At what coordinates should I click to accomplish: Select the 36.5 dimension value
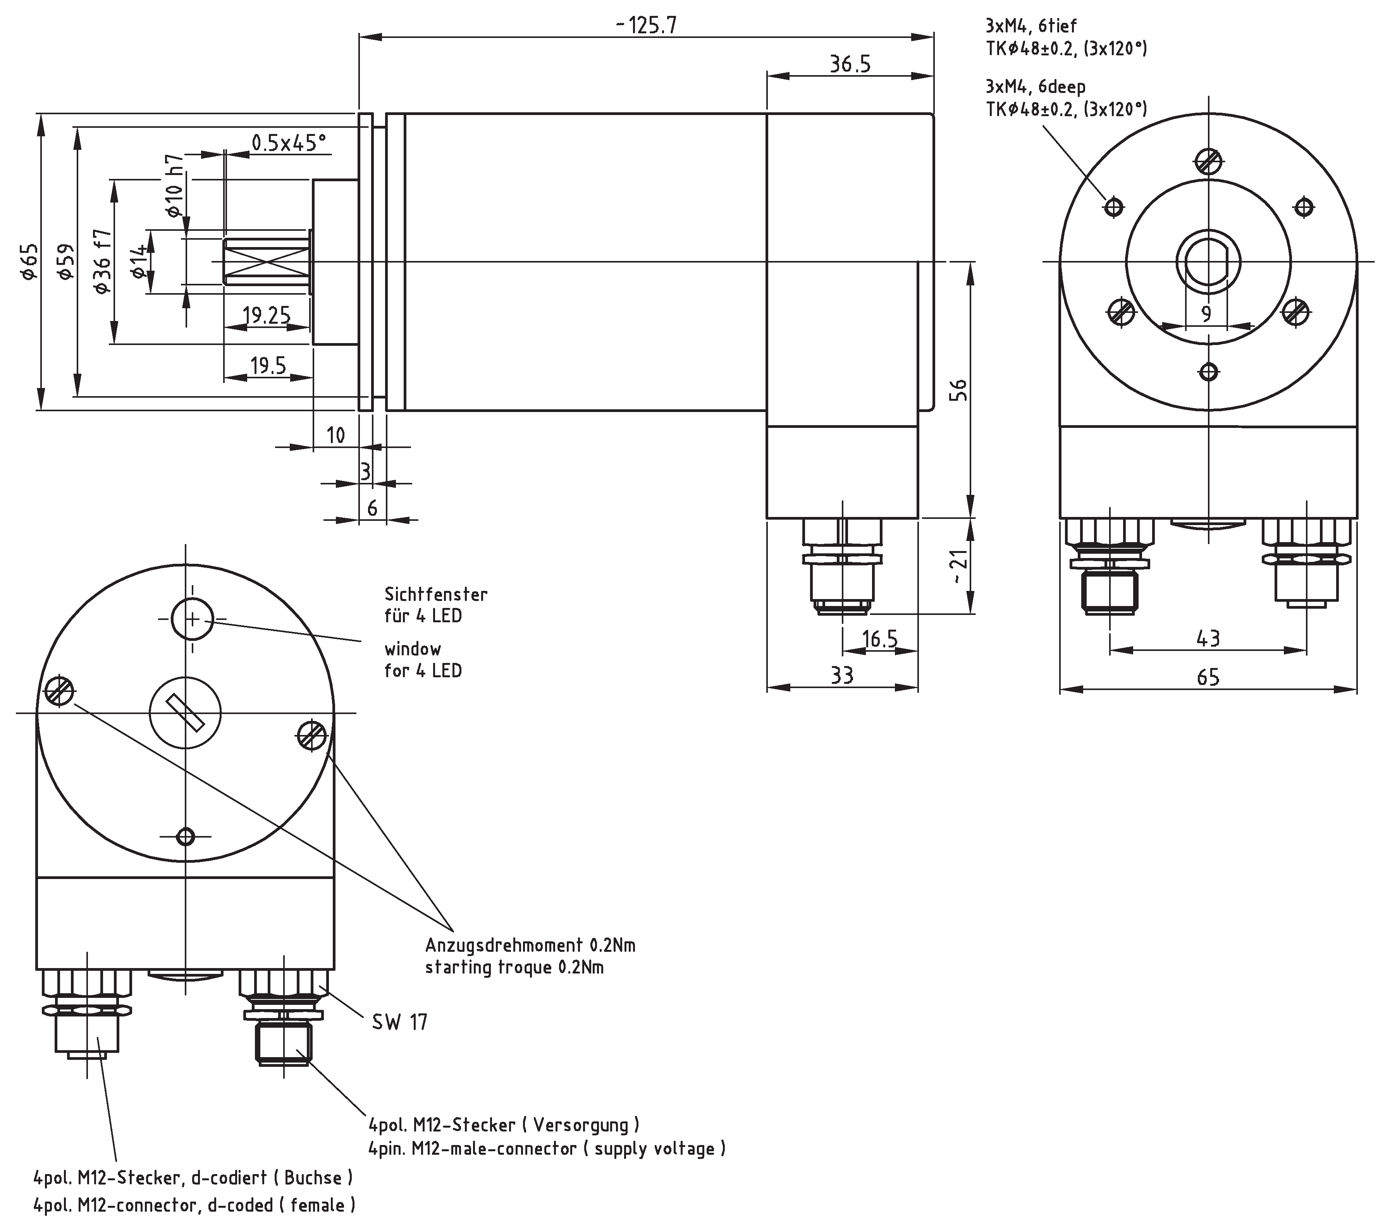tap(849, 65)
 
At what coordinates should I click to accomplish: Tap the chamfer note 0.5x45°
tap(288, 143)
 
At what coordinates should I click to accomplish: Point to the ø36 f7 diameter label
tap(102, 262)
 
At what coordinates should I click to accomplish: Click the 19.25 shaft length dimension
tap(267, 315)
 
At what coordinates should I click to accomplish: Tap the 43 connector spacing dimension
tap(1208, 638)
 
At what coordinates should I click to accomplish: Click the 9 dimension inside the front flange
tap(1206, 313)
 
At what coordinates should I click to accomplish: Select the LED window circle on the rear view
tap(193, 618)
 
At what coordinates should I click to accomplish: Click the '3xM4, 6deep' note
tap(1036, 86)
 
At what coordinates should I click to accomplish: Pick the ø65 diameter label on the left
tap(29, 262)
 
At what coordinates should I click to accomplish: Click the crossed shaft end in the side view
tap(267, 261)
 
